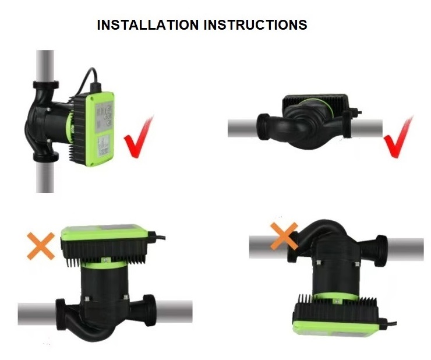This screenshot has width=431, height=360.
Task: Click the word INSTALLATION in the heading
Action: pyautogui.click(x=148, y=24)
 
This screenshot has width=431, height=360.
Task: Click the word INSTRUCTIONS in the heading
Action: pyautogui.click(x=256, y=24)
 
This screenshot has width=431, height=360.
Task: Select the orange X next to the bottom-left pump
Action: pyautogui.click(x=41, y=246)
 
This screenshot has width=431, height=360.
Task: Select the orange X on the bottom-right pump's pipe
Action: pyautogui.click(x=284, y=237)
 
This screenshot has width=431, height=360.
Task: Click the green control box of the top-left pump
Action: pyautogui.click(x=100, y=129)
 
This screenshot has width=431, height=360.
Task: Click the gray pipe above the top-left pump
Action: pyautogui.click(x=45, y=66)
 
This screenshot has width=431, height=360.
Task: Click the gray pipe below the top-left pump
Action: pyautogui.click(x=45, y=176)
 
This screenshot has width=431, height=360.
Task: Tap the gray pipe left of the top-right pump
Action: pyautogui.click(x=242, y=128)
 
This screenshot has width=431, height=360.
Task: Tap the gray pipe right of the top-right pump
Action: pyautogui.click(x=367, y=128)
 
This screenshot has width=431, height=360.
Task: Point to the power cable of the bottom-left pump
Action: pyautogui.click(x=157, y=236)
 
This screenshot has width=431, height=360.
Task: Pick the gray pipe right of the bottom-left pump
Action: pyautogui.click(x=174, y=312)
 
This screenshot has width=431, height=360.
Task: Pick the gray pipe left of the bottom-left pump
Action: pyautogui.click(x=37, y=313)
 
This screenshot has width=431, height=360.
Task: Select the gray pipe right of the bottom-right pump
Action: pyautogui.click(x=405, y=249)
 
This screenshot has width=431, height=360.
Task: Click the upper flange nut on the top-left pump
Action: pyautogui.click(x=46, y=84)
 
